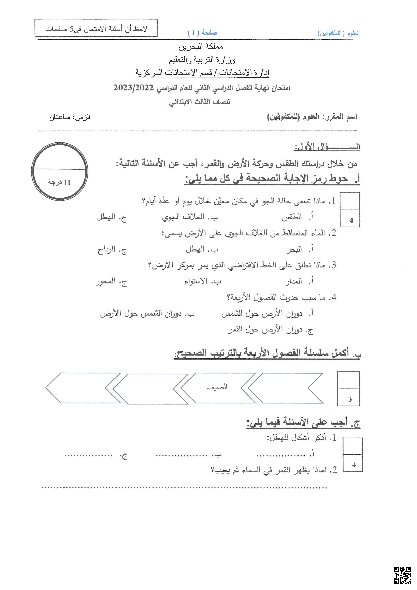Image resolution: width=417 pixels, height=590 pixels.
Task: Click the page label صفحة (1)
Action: tap(202, 33)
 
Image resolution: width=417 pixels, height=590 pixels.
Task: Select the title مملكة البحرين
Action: tap(201, 47)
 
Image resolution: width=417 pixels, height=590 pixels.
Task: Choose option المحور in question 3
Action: tap(105, 282)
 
